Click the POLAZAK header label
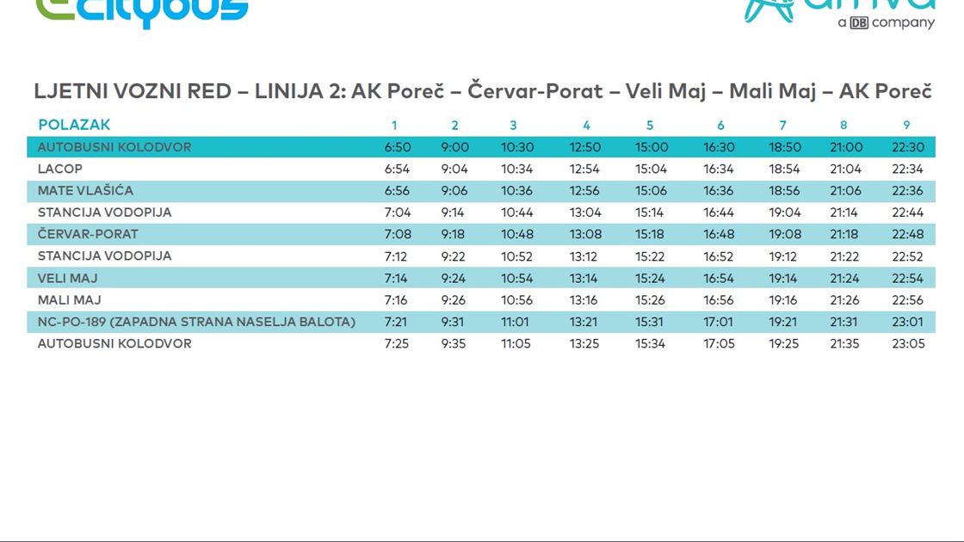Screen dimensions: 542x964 (74, 125)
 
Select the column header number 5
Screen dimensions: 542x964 (650, 126)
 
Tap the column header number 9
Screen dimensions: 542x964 (906, 126)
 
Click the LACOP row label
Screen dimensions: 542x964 (60, 169)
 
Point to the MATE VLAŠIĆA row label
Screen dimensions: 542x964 (85, 191)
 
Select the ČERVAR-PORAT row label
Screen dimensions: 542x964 (88, 234)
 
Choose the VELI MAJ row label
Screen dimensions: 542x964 (67, 278)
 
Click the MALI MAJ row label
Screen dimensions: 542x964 (69, 300)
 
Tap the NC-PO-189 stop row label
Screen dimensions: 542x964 (196, 322)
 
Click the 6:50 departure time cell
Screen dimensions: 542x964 (397, 147)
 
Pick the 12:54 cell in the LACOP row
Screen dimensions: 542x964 (584, 169)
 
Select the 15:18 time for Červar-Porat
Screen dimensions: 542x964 (650, 234)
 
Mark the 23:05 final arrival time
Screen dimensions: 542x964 (907, 344)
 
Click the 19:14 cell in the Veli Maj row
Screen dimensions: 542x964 (783, 278)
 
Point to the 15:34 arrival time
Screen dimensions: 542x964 (650, 344)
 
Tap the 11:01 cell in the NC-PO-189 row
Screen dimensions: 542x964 (516, 322)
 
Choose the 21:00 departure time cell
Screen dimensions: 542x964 (843, 147)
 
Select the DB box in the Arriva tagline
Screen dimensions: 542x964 (858, 23)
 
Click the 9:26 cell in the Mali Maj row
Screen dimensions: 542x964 (454, 300)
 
